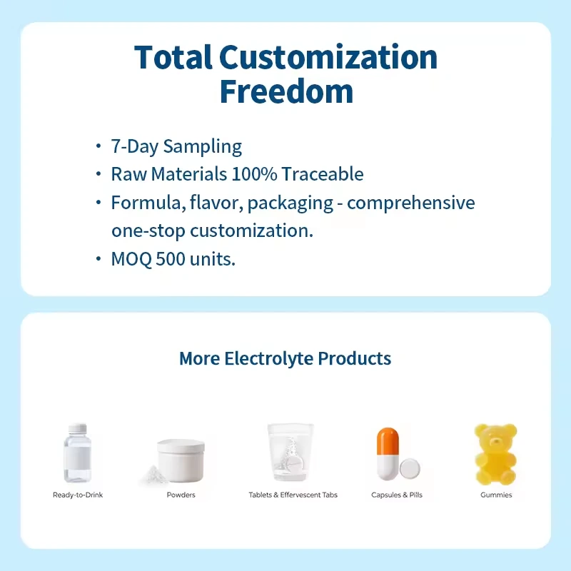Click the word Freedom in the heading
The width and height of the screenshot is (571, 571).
(286, 91)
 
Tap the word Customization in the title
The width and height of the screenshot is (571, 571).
(328, 57)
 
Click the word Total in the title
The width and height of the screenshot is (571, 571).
(173, 57)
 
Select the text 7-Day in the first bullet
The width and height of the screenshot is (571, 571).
(135, 147)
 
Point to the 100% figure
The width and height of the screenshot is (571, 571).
(254, 174)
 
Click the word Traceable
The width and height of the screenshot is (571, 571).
(323, 174)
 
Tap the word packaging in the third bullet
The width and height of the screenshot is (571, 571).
(290, 203)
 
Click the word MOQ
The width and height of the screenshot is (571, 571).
(131, 260)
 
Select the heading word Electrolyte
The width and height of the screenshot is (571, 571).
(269, 359)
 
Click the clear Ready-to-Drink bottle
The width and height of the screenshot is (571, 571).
(77, 453)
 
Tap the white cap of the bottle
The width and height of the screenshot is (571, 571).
(77, 428)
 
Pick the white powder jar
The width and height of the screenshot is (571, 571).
(181, 460)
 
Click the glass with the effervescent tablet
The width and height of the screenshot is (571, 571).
(290, 452)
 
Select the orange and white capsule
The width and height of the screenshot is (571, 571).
(388, 454)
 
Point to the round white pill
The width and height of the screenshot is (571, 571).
(410, 469)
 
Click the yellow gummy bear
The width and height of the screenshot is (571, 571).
(495, 454)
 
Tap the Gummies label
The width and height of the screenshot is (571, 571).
(496, 495)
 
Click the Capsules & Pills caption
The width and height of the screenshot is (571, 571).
(397, 495)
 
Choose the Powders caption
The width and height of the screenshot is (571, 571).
(181, 495)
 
